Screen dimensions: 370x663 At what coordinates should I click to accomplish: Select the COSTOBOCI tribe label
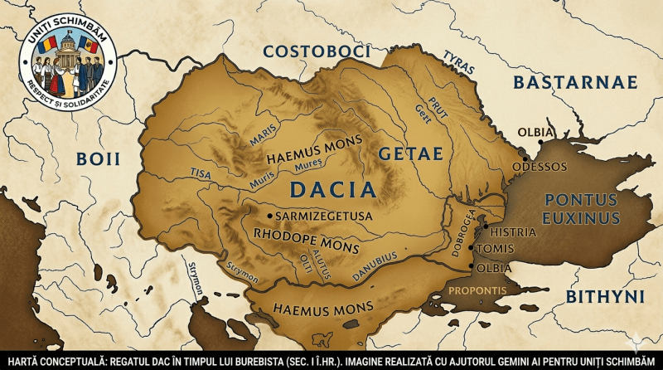316,51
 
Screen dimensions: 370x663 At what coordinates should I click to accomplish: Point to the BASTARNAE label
574,81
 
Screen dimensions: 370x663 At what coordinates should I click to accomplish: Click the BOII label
99,159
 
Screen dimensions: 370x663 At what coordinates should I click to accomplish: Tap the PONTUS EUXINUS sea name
580,209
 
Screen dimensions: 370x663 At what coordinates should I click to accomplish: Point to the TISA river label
201,174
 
